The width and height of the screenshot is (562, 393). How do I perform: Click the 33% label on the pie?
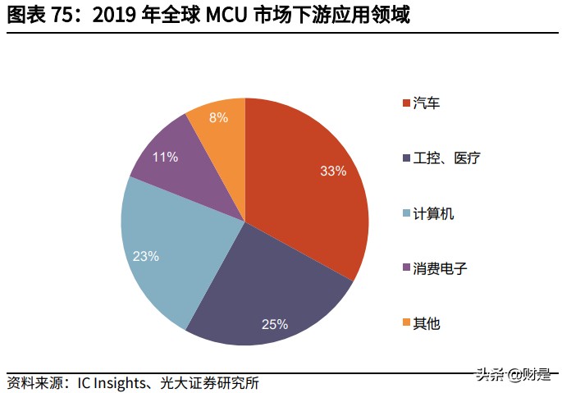[x=333, y=171]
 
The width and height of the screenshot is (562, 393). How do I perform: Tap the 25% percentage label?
[x=275, y=324]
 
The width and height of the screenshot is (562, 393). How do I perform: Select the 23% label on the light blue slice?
[x=145, y=256]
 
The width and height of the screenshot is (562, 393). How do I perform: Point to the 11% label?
[x=165, y=157]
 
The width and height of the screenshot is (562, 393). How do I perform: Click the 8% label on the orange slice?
[x=218, y=117]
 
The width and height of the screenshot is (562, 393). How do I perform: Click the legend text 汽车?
[x=427, y=103]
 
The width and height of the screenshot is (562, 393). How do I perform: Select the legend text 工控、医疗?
[x=446, y=158]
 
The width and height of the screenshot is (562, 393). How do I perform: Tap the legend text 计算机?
[x=433, y=213]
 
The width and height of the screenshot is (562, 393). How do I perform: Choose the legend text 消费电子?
[x=440, y=268]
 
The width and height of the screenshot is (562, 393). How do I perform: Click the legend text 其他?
[x=427, y=323]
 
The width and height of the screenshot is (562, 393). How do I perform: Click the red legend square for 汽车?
[x=406, y=103]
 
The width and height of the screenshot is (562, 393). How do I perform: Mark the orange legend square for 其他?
[x=406, y=323]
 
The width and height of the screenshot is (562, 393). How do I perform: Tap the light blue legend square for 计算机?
[x=406, y=213]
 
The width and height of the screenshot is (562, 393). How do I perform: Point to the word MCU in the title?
[x=224, y=15]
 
